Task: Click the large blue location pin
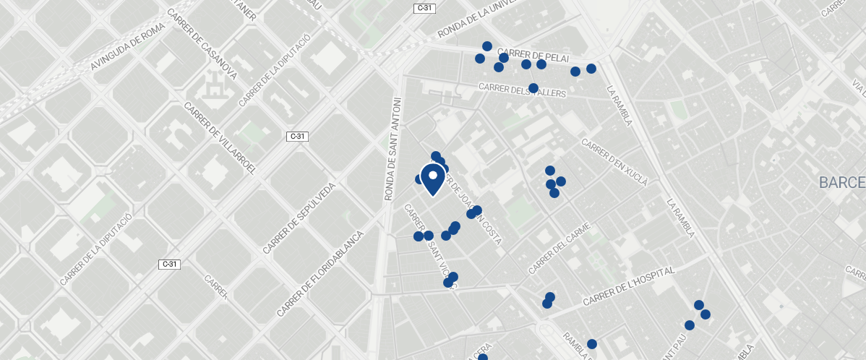click(432, 179)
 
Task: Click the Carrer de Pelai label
click(533, 56)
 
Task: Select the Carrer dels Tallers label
click(523, 91)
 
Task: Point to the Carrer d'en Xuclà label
click(614, 160)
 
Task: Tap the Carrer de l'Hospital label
click(628, 286)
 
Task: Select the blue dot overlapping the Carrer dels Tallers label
click(533, 88)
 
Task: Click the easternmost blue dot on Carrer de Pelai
click(591, 69)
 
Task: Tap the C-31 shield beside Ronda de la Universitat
click(424, 8)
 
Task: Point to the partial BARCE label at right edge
click(842, 182)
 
